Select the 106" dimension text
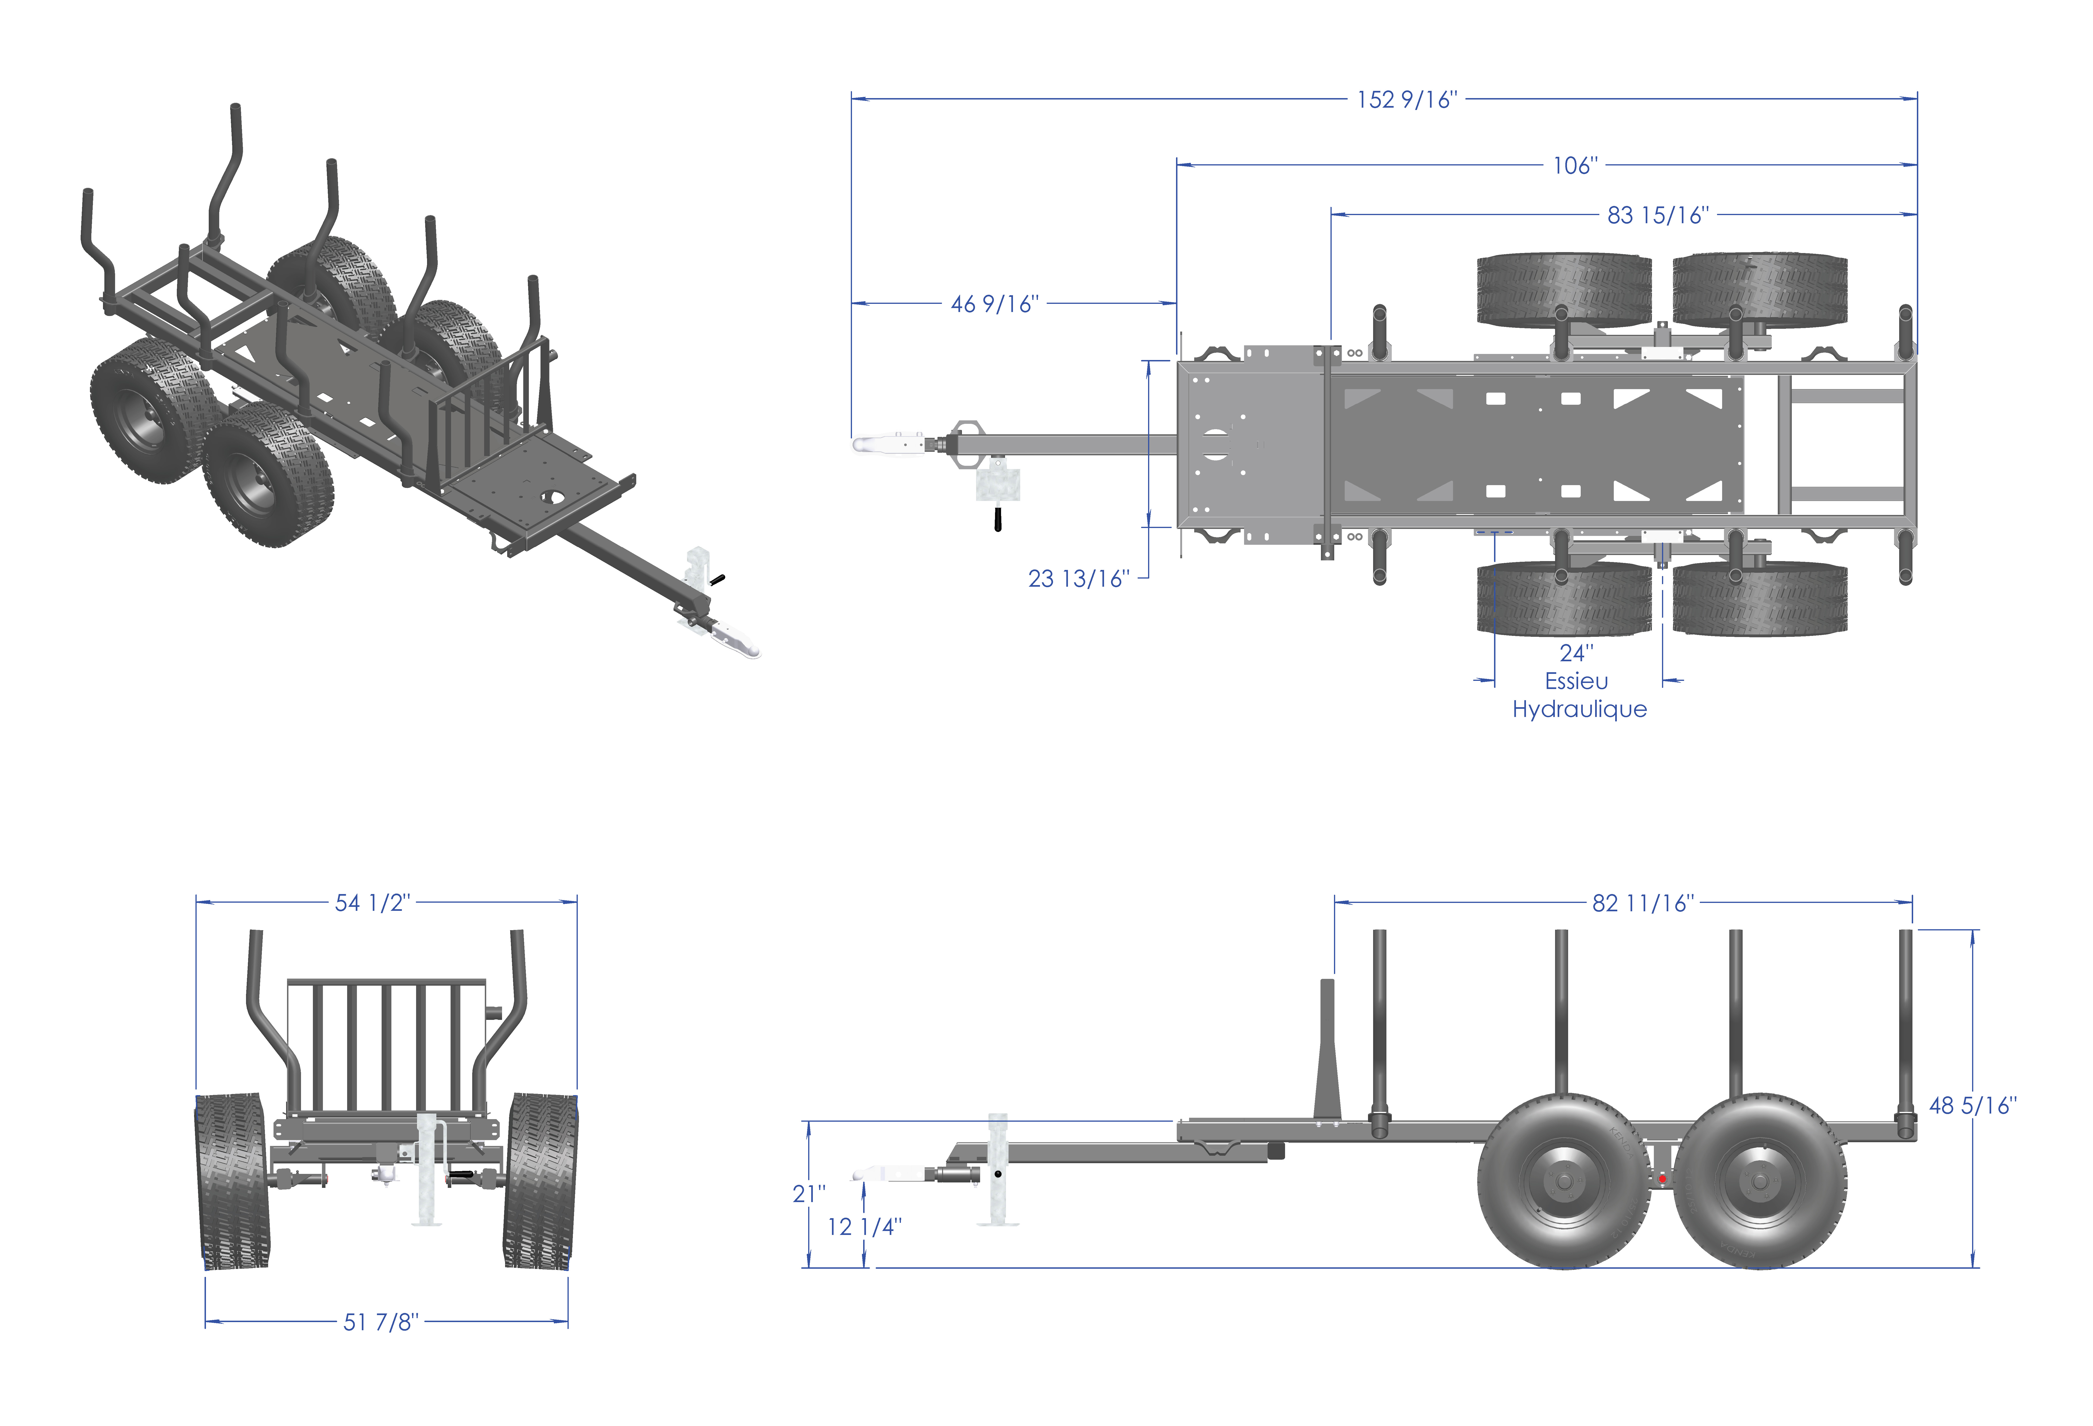(1575, 166)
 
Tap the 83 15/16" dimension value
(1658, 215)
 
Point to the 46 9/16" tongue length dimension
(994, 305)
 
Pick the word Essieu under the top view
(1576, 681)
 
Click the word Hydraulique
(1579, 710)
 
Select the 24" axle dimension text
(1576, 652)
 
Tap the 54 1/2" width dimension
(372, 903)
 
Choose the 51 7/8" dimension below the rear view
(381, 1322)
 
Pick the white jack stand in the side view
(998, 1171)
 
